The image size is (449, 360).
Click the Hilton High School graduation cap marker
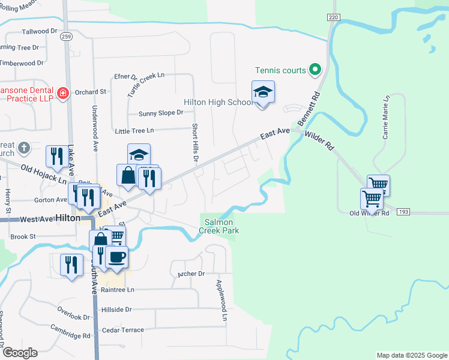[263, 92]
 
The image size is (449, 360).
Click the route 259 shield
[66, 37]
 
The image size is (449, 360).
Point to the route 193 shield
[403, 212]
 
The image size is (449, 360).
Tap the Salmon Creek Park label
[220, 226]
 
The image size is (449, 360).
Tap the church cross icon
[23, 148]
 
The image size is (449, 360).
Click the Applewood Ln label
[222, 299]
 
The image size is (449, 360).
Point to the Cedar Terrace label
[123, 330]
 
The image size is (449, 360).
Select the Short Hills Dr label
[194, 143]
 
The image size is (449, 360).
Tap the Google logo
[19, 353]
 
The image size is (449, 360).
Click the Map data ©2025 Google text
[411, 355]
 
